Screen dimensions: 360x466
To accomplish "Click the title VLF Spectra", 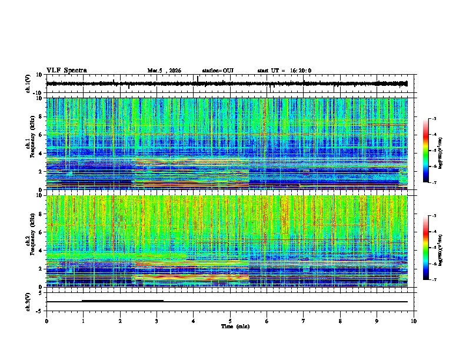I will [x=66, y=70].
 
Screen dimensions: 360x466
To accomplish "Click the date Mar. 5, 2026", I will [x=164, y=71].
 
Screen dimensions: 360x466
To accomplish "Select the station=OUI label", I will [x=218, y=71].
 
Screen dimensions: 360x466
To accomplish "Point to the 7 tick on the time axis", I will [x=304, y=321].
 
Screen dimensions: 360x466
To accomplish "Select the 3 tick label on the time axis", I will [x=157, y=321].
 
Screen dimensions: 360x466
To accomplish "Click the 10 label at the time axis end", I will [x=414, y=321].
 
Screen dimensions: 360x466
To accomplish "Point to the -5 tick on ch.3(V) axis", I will [x=39, y=310].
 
